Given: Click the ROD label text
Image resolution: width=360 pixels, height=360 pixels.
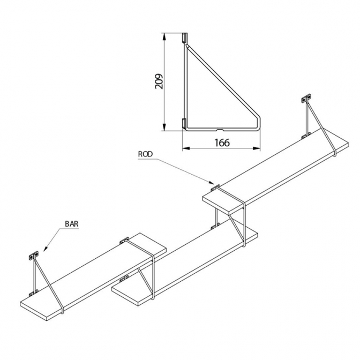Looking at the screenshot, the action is pyautogui.click(x=145, y=154).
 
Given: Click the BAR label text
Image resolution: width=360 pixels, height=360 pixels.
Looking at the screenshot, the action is pyautogui.click(x=72, y=224).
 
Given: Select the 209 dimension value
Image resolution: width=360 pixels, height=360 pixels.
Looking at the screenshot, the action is pyautogui.click(x=159, y=81).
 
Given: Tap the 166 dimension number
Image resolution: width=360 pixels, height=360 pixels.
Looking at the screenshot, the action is pyautogui.click(x=222, y=143).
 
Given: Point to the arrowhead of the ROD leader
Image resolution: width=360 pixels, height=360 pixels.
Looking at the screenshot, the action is pyautogui.click(x=212, y=183).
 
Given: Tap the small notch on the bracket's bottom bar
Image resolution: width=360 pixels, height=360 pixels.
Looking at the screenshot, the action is pyautogui.click(x=221, y=130).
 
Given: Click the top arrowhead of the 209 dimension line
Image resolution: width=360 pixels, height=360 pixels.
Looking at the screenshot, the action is pyautogui.click(x=164, y=37).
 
